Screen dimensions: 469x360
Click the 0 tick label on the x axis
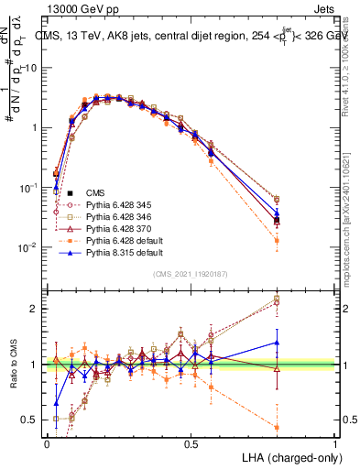coord(47,443)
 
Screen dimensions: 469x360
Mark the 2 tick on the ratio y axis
coord(33,309)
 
